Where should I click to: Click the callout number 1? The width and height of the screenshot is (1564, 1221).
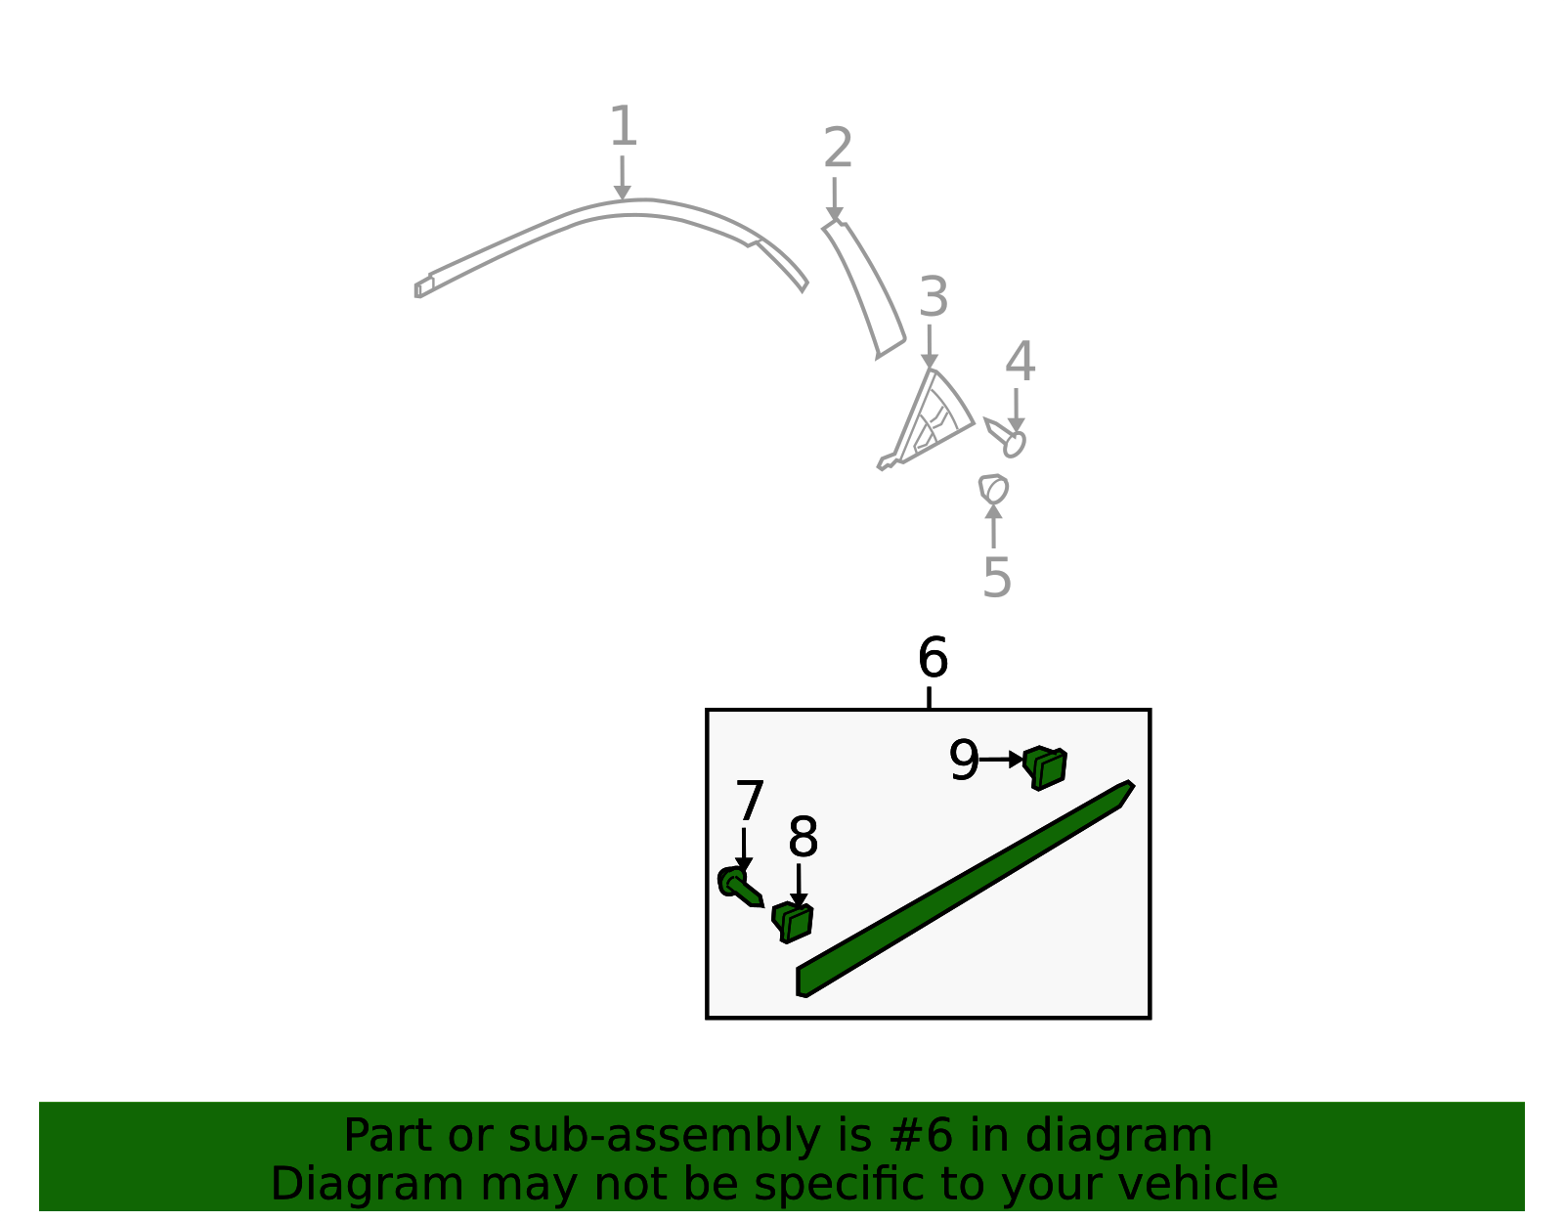click(x=624, y=126)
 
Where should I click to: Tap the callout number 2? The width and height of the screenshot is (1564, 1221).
click(x=838, y=148)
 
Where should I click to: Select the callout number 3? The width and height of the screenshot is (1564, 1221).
click(x=934, y=296)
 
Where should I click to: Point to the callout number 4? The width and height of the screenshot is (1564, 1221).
click(x=1020, y=361)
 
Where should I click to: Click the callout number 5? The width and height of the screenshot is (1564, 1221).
click(x=997, y=577)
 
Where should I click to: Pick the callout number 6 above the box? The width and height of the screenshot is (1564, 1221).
click(x=933, y=658)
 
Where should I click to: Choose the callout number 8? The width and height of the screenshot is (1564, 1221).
click(x=804, y=837)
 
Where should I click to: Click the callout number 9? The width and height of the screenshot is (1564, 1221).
click(x=964, y=759)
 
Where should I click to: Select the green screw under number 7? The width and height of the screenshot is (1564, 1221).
click(x=740, y=887)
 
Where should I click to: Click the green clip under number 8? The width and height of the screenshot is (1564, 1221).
click(x=793, y=923)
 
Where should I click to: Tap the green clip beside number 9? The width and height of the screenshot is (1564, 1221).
click(x=1044, y=768)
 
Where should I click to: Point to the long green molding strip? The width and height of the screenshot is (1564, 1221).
click(x=965, y=890)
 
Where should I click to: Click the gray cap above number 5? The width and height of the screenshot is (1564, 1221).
click(x=993, y=489)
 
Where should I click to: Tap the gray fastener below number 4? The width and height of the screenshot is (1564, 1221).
click(x=1005, y=437)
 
